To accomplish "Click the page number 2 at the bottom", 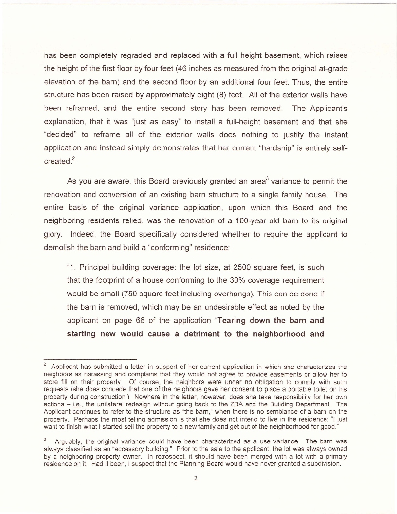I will (195, 477).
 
